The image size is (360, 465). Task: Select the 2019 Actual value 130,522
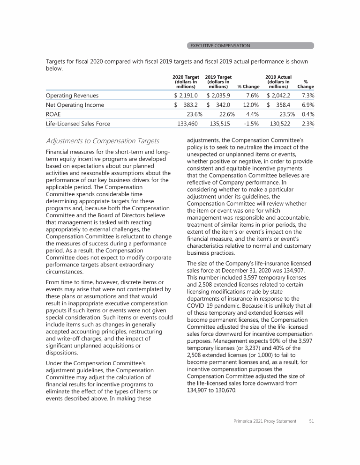click(280, 124)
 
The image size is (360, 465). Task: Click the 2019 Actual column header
click(278, 81)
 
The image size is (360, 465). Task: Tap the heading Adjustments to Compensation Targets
click(102, 141)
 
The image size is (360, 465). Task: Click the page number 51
click(311, 421)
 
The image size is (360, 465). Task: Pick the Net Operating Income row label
click(75, 105)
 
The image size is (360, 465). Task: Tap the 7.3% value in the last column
click(307, 96)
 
